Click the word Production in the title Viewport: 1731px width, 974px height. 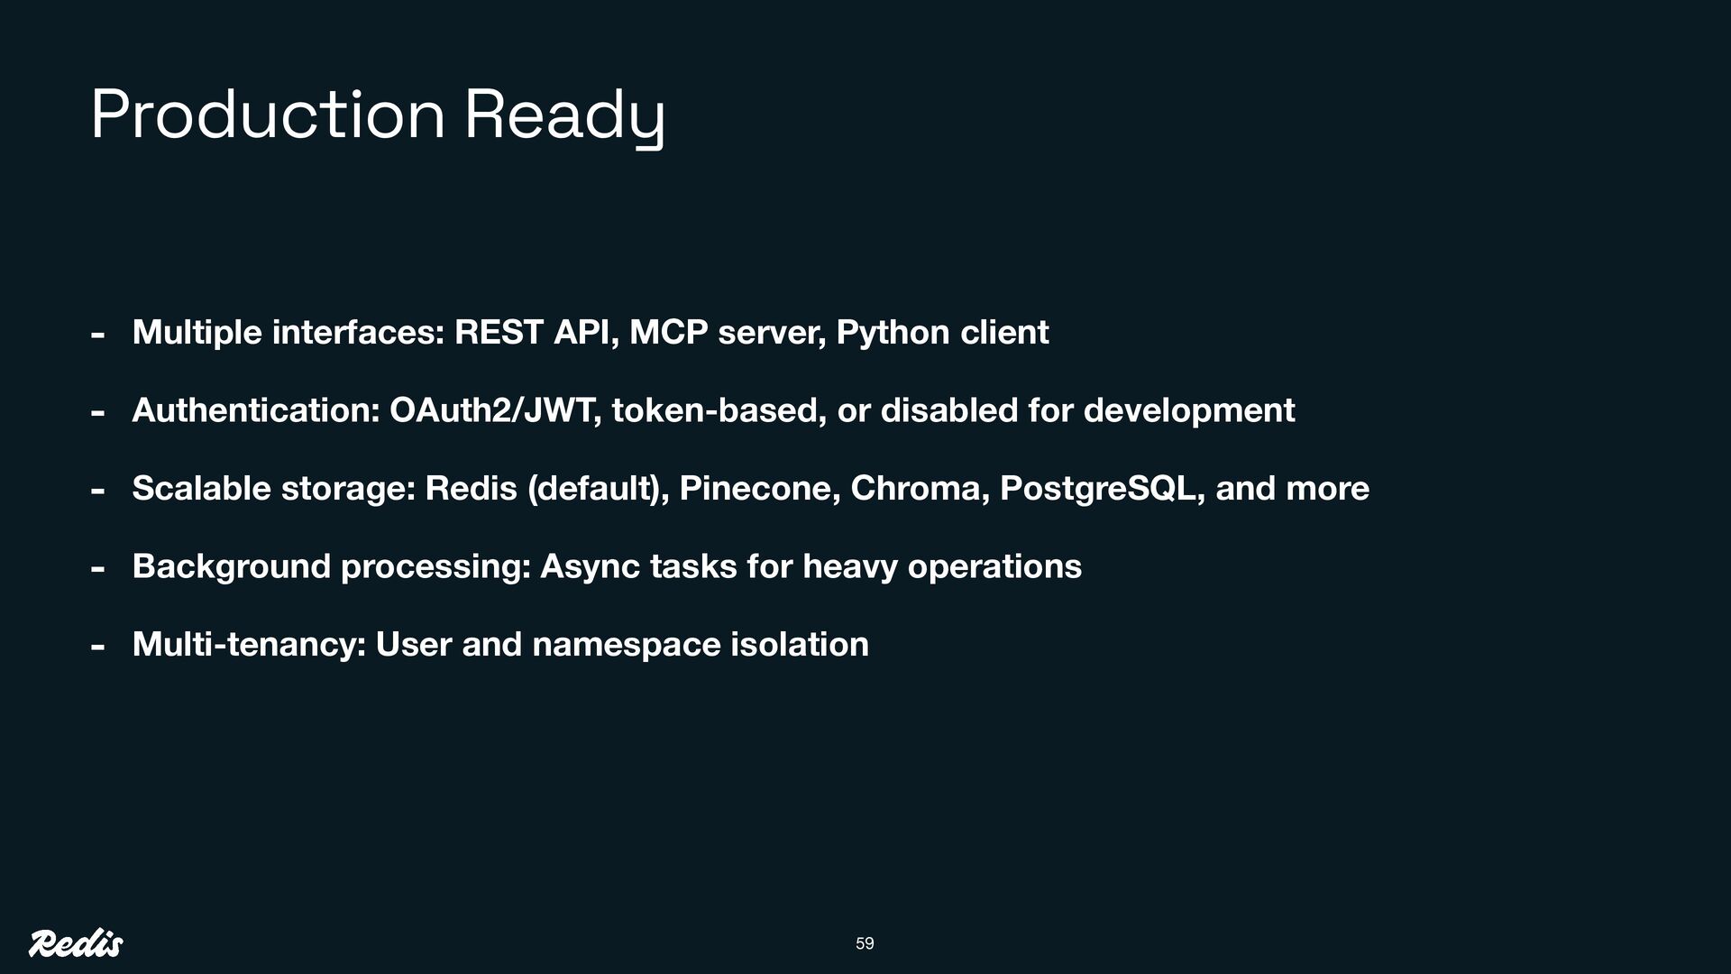click(x=268, y=115)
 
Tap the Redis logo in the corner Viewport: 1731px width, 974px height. click(x=76, y=943)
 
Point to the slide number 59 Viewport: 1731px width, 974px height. click(x=865, y=943)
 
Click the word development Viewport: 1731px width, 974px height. click(x=1188, y=410)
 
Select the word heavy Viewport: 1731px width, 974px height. click(x=850, y=566)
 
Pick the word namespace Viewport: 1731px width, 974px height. click(x=626, y=644)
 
